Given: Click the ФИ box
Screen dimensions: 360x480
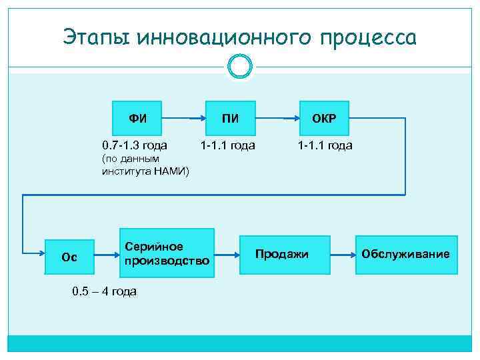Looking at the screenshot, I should click(138, 119).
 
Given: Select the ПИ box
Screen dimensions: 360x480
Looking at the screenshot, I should click(230, 119).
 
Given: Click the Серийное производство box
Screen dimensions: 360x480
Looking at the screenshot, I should click(167, 254).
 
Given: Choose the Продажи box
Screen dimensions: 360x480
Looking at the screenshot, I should click(282, 254).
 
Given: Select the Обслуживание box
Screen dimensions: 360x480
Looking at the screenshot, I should click(405, 254).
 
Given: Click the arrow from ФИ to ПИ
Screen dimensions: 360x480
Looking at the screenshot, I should click(183, 119).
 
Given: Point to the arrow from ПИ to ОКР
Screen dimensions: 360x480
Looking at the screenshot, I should click(276, 119).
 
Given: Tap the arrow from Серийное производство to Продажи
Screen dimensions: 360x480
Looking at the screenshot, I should click(227, 254).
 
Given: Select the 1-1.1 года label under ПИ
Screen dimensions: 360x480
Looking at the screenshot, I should click(228, 145).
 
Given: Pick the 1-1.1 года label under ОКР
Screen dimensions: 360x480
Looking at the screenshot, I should click(325, 145).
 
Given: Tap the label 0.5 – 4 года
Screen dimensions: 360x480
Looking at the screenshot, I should click(104, 291).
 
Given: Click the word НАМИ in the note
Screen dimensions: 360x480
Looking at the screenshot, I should click(171, 172).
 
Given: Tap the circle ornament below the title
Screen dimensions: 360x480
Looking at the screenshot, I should click(239, 66).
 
